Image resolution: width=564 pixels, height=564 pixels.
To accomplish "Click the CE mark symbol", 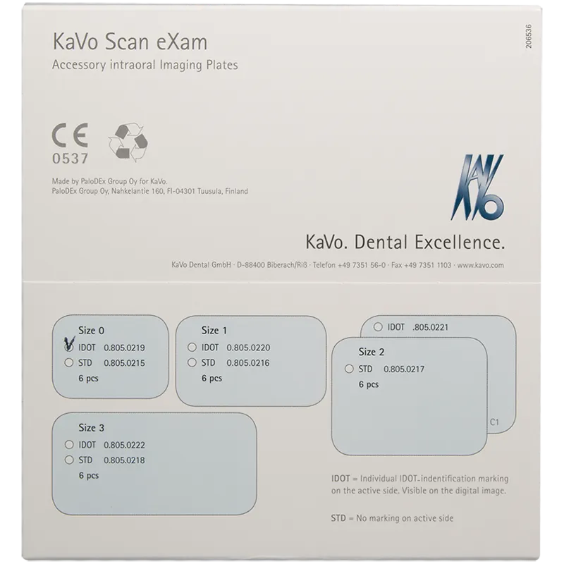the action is (x=70, y=135).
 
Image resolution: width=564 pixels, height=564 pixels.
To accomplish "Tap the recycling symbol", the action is (x=128, y=142).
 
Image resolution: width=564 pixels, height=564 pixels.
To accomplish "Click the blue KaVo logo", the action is (x=477, y=187).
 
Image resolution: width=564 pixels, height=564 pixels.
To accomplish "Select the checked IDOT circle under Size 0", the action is (x=68, y=347).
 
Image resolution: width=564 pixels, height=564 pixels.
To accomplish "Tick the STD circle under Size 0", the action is (x=68, y=362).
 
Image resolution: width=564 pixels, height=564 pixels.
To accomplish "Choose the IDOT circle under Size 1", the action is (x=192, y=347).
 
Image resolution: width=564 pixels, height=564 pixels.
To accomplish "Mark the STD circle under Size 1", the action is (x=192, y=362).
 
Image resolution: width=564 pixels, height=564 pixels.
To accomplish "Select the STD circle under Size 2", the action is (x=349, y=369).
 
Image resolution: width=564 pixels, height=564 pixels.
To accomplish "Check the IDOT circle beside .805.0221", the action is (x=378, y=327).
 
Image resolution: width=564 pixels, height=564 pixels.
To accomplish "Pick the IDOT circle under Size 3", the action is (x=69, y=445).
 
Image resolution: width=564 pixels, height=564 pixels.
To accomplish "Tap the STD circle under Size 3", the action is (x=69, y=460).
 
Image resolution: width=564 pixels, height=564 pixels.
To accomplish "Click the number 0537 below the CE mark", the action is (x=70, y=158).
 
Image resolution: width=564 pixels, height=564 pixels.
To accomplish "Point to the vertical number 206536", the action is (x=528, y=37).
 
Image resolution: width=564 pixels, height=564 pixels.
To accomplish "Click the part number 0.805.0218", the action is (x=124, y=460).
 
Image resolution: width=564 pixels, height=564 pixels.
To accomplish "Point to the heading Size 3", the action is (x=92, y=428).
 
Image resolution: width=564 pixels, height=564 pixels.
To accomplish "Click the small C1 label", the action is (x=495, y=422).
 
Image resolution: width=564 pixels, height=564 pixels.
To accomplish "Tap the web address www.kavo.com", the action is (x=481, y=265).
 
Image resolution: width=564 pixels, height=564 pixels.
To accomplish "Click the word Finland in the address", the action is (x=236, y=191).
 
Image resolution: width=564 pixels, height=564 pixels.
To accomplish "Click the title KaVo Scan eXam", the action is (x=130, y=42).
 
